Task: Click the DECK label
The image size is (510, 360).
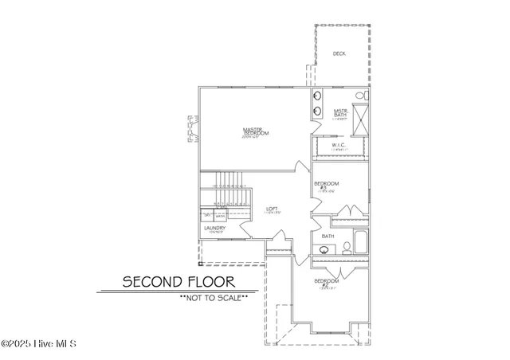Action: [339, 53]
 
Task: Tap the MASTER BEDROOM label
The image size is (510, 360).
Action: [256, 132]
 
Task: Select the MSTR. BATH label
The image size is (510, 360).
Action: [340, 114]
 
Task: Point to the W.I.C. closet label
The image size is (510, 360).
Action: [337, 146]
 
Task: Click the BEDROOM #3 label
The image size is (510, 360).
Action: [327, 187]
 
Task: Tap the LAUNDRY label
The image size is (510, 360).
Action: [215, 229]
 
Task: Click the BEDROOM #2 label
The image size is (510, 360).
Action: [326, 284]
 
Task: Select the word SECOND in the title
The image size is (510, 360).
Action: [150, 281]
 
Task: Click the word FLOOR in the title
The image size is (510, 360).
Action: [208, 281]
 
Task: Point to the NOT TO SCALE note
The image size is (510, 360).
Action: [214, 297]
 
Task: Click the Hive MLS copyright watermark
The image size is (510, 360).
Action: [38, 344]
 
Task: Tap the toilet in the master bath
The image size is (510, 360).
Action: [360, 96]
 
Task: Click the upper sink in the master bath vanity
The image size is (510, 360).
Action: [317, 97]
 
